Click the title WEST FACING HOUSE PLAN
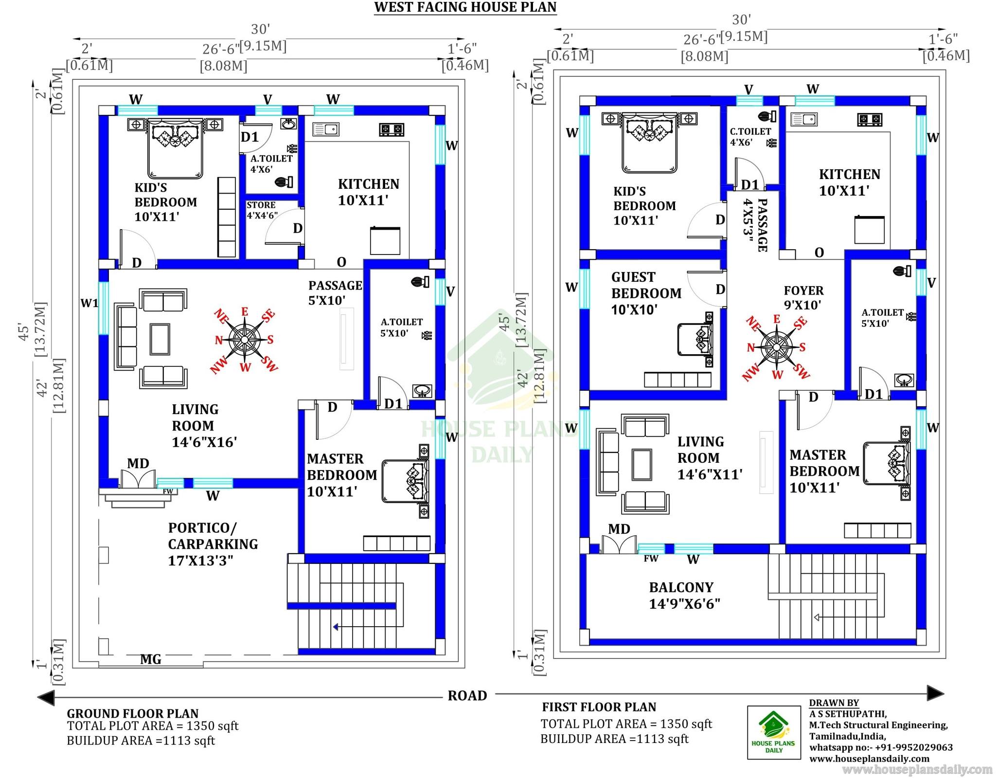coord(465,7)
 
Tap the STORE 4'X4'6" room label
coord(262,210)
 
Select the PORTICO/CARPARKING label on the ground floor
coord(213,536)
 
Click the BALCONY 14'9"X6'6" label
coord(684,595)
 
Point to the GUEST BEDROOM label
coord(646,285)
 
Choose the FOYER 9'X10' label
coord(803,298)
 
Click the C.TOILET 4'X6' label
coord(750,137)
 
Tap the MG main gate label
coord(151,659)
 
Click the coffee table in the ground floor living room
coord(160,339)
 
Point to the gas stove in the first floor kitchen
coord(870,119)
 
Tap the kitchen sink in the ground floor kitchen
coord(326,129)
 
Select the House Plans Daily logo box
coord(774,732)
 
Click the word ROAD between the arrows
coord(467,695)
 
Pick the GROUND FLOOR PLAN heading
coord(133,713)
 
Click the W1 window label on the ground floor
coord(89,303)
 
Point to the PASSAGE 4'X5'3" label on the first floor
coord(755,225)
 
